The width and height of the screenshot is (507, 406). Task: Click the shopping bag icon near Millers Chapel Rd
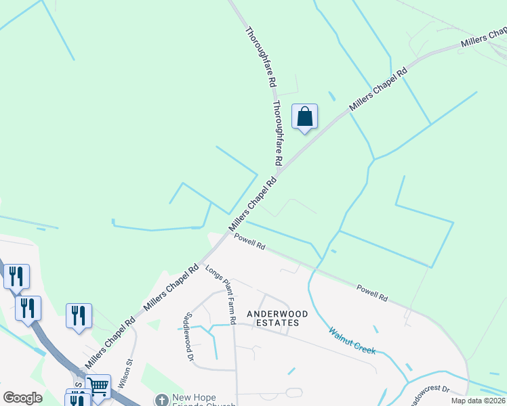305,116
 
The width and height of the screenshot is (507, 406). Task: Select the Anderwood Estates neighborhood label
272,318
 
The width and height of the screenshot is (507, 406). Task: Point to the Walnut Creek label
352,338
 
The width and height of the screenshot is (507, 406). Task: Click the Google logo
22,398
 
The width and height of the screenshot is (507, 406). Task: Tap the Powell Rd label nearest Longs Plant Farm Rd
249,241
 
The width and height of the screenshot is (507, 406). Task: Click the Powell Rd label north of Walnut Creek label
373,293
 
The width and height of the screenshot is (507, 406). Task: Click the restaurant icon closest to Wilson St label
79,316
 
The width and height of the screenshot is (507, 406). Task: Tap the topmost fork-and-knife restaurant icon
16,276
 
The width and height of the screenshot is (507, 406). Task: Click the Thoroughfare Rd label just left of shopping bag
277,133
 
